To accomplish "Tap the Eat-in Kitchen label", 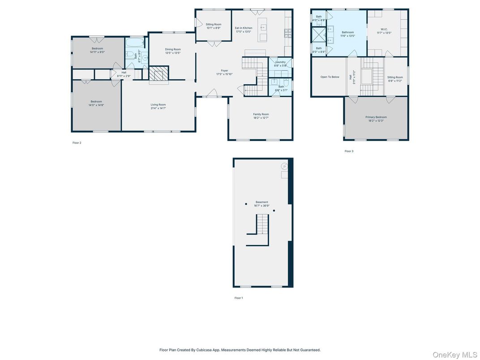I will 243,28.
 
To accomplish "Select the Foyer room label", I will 224,70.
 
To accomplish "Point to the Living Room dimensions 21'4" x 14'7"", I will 158,108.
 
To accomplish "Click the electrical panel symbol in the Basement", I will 284,167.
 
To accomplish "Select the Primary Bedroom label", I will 376,117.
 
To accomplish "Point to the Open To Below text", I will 330,77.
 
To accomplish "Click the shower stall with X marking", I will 319,34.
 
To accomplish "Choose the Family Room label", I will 261,114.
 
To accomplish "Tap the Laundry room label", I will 280,62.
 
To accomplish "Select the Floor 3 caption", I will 349,151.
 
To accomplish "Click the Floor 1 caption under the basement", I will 239,298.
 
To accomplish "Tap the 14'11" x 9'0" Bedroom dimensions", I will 97,52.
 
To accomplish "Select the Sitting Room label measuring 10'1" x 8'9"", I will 214,28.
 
